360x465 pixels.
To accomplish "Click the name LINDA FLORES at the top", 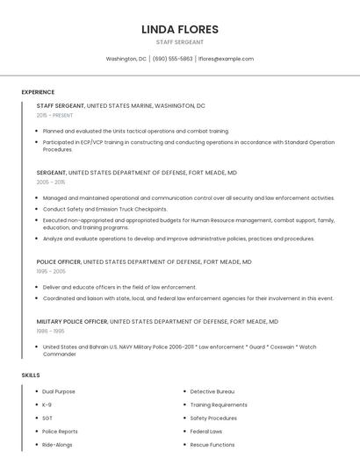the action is pos(179,30).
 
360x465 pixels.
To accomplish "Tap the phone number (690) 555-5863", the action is pos(172,59).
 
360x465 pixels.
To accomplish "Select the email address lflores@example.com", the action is pos(226,59).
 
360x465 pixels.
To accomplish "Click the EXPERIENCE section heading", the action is pos(38,92).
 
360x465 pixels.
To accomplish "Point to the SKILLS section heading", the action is pos(31,375).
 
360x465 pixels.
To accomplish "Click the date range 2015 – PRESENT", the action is pos(54,115).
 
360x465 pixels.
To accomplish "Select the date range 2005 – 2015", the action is pos(51,182).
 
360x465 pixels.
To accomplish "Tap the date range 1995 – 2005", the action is pos(51,271).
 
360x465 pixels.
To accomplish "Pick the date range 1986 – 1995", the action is pos(51,331).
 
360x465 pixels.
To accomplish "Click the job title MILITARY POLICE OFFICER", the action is pos(72,322).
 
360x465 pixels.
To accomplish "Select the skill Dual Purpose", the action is pos(59,391).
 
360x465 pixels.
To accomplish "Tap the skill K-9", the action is pos(47,404).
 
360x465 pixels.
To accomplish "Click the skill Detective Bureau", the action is pos(212,391).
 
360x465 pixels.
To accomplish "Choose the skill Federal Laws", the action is pos(206,432).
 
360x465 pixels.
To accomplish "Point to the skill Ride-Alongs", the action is pos(58,445).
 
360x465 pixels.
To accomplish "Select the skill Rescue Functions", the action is pos(212,445).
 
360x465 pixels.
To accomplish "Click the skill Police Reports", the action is pos(60,432).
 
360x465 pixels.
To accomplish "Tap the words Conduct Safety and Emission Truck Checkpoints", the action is pos(104,209).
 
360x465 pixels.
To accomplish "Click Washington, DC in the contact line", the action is pos(126,59).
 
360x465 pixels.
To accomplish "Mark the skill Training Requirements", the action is pos(219,404).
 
